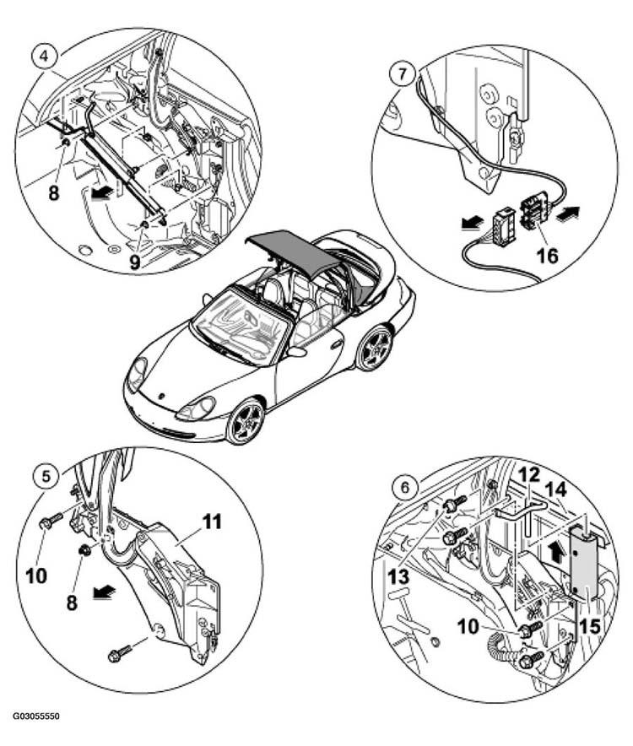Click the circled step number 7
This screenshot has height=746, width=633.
click(403, 75)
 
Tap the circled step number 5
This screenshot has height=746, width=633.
click(46, 476)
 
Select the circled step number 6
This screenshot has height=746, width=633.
click(405, 488)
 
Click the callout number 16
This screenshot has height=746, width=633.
click(547, 256)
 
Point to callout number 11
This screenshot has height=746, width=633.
click(212, 522)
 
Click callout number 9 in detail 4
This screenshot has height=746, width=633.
click(135, 262)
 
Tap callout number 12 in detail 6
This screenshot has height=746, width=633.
click(529, 475)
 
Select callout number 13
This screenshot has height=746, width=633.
click(398, 577)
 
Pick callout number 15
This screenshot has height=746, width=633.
click(590, 626)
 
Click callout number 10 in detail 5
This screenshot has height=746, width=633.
click(36, 576)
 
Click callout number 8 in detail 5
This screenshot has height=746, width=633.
click(72, 603)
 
